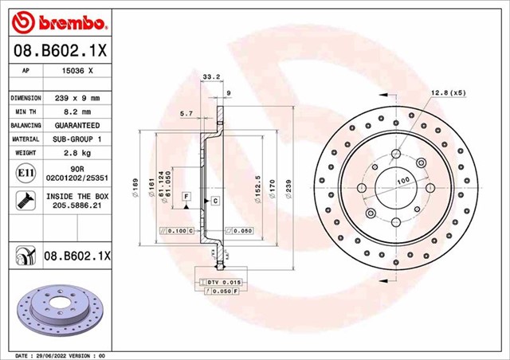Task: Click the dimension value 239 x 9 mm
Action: point(76,98)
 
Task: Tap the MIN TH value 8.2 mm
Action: point(76,112)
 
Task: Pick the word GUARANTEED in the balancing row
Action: point(76,126)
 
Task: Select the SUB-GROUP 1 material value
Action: point(76,139)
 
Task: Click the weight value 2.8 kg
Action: point(76,153)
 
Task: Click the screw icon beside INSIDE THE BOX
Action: point(24,199)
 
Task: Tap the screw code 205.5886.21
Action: point(76,205)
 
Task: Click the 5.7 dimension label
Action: point(186,114)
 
